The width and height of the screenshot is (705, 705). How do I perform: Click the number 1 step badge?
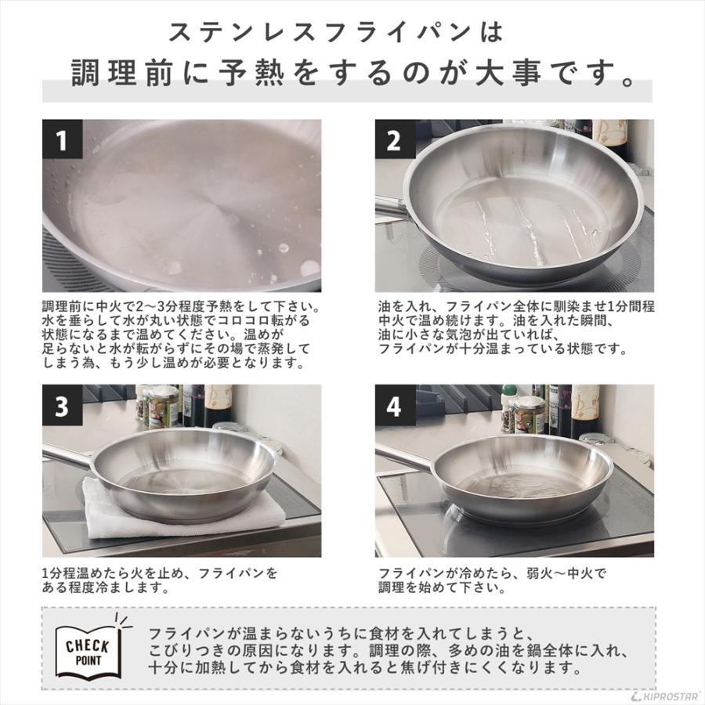pyautogui.click(x=62, y=140)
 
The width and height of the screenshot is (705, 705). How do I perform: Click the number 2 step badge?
pyautogui.click(x=394, y=140)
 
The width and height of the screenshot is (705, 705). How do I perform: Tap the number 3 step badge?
pyautogui.click(x=62, y=406)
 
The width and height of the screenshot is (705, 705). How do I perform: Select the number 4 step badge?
pyautogui.click(x=394, y=406)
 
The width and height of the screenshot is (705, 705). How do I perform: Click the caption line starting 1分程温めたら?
pyautogui.click(x=160, y=573)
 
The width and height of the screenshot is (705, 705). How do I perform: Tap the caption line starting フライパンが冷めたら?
pyautogui.click(x=492, y=573)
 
